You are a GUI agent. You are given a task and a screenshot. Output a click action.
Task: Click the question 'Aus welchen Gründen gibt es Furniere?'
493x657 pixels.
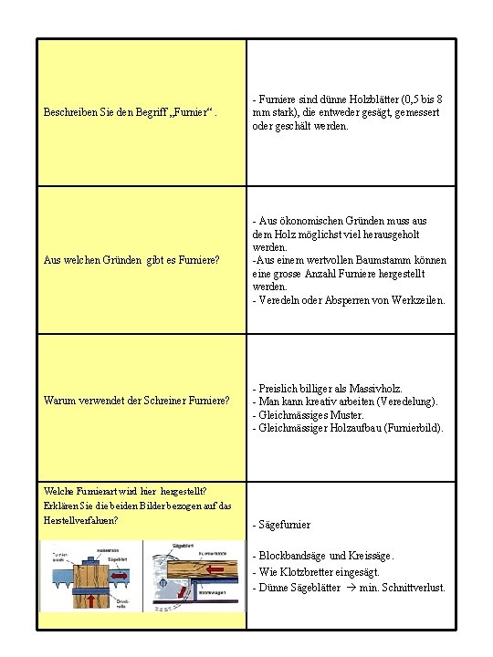pyautogui.click(x=131, y=260)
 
